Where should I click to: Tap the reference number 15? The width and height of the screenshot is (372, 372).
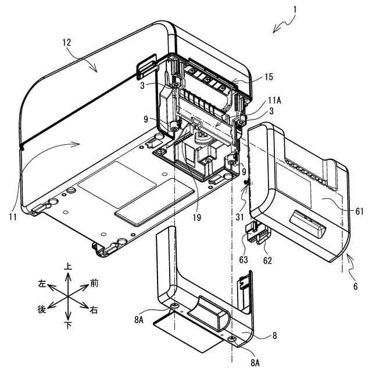[x=267, y=77]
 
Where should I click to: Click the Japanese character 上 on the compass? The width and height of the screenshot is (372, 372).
[x=68, y=266]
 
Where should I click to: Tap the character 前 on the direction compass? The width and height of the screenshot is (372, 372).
[x=94, y=283]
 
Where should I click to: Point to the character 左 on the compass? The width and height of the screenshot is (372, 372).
[x=41, y=284]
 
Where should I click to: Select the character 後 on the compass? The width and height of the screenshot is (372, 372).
[x=41, y=310]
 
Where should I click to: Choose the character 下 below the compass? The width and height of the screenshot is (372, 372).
[x=68, y=325]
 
